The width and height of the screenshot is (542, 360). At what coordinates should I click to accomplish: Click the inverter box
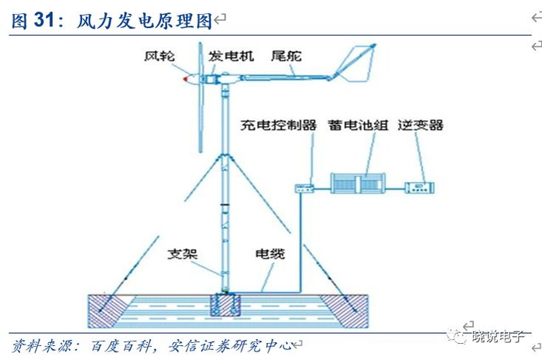point(423,187)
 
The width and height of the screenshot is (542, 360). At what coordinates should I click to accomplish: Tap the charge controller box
point(305,187)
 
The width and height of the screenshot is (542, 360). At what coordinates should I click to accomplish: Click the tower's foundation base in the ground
point(225,303)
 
